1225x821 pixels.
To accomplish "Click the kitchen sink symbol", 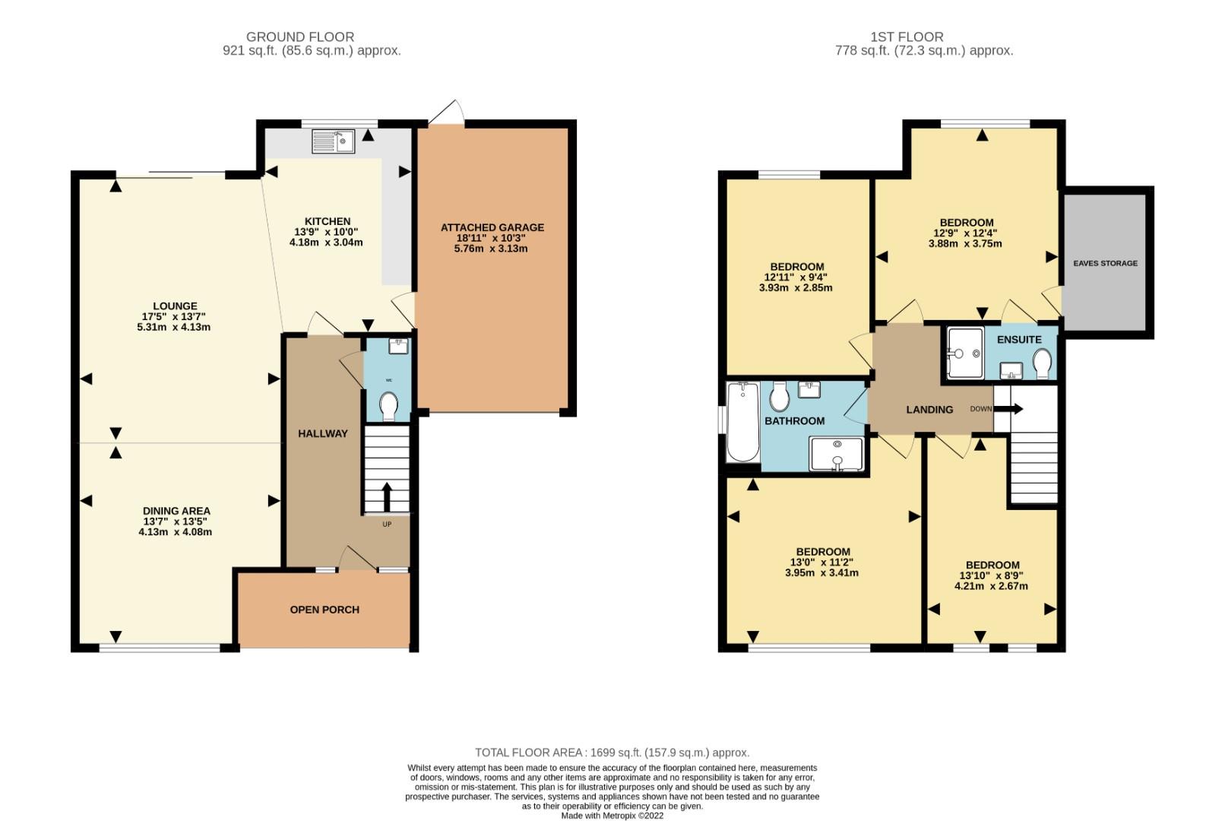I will click(333, 141).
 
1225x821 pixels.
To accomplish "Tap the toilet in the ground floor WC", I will click(388, 405).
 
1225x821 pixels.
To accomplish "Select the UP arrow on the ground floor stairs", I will click(386, 496).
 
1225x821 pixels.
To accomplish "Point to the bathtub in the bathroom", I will click(742, 423).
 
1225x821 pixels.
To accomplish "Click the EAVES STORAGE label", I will click(1105, 263).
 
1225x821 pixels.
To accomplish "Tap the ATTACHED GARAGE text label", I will click(492, 227).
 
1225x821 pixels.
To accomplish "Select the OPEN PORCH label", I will click(324, 610).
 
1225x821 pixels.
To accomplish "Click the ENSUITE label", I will click(1019, 339).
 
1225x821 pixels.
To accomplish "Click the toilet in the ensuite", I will click(1043, 363).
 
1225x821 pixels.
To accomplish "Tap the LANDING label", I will click(929, 410).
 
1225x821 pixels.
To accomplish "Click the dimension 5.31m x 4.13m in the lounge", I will click(173, 328).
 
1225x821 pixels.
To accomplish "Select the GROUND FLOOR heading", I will click(299, 36).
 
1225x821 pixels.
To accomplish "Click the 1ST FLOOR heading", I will click(907, 36).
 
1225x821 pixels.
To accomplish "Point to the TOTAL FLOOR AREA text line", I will click(612, 753).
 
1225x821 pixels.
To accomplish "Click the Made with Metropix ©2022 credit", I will click(612, 816).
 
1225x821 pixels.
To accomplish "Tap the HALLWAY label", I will click(322, 433).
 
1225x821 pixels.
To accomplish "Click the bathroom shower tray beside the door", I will click(836, 454).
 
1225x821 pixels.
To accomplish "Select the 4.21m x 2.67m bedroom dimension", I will click(992, 586).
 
